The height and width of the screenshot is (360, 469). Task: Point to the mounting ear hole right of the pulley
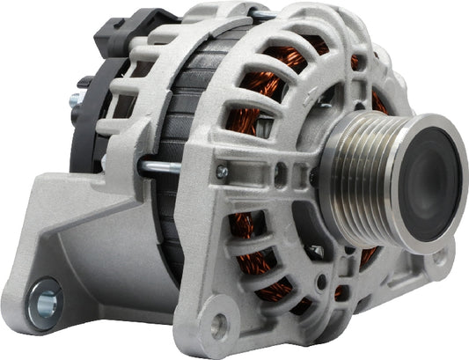click(x=437, y=257)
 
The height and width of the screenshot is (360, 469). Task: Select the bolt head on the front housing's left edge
click(x=222, y=172)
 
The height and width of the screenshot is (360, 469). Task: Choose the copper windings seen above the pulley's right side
click(x=378, y=101)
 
